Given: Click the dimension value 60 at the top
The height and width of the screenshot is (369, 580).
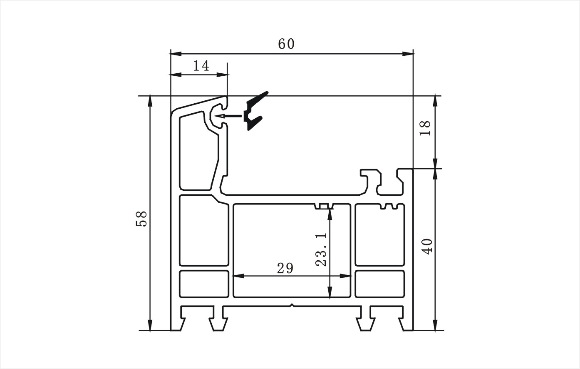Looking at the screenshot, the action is [x=286, y=44].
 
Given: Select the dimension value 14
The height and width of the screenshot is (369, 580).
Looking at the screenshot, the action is [x=201, y=66].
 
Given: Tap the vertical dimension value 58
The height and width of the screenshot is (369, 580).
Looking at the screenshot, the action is [x=141, y=219].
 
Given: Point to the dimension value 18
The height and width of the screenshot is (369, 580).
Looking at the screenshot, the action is [x=425, y=128].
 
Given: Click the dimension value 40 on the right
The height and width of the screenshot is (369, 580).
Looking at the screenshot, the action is [x=427, y=247].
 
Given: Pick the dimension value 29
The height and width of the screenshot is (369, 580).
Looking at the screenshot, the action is [x=285, y=269].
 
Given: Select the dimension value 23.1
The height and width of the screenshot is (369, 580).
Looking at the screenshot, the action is [x=321, y=249].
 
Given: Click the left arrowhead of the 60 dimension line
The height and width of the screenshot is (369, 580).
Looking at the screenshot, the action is [x=175, y=54].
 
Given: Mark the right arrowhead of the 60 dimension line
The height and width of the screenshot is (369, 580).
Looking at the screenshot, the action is [x=408, y=54].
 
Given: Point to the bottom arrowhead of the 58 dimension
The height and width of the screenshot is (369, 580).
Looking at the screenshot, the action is [x=150, y=325].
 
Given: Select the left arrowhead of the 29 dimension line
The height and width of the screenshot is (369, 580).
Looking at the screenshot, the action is [x=238, y=276].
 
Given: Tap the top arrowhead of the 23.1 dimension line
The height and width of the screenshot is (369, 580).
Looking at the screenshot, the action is [x=330, y=214].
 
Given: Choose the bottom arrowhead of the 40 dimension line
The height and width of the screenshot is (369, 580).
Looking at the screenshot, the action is [x=436, y=325].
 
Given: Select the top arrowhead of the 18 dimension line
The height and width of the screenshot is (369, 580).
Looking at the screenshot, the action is [x=436, y=102].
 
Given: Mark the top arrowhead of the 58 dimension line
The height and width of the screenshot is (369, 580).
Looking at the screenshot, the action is [x=150, y=102].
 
